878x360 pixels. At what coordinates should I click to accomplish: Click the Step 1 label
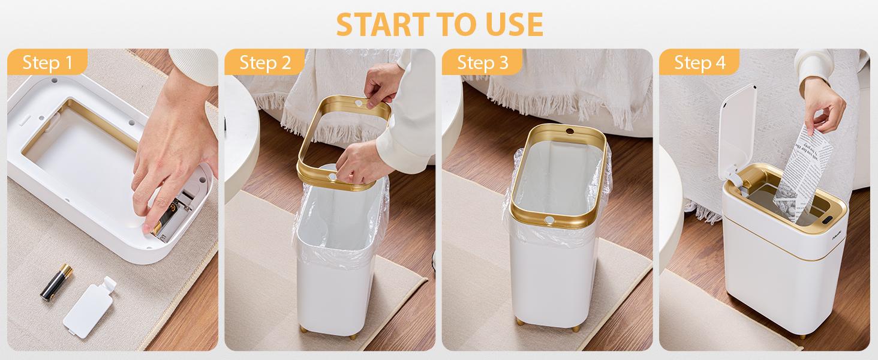[47, 62]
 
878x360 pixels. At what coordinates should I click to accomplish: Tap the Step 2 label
[264, 62]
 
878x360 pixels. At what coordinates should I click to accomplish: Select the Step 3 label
[482, 62]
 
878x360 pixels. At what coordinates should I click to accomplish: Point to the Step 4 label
[699, 62]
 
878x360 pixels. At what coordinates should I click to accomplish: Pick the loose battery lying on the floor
[56, 281]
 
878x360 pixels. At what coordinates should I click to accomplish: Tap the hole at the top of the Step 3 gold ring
[569, 130]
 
